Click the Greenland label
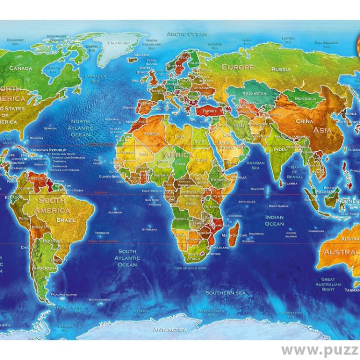(120, 42)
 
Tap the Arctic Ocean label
(187, 34)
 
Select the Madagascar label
(235, 235)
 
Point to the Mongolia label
(305, 99)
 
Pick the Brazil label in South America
(67, 219)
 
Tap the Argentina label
(45, 268)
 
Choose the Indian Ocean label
(274, 220)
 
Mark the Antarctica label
(170, 330)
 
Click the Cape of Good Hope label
(190, 268)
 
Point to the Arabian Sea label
(255, 165)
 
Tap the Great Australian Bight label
(328, 284)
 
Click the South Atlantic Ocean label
(127, 258)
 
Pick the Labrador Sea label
(95, 78)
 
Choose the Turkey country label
(209, 110)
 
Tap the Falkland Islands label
(64, 294)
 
